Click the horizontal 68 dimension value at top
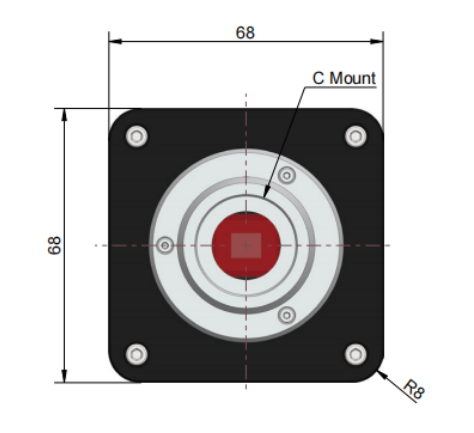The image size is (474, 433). click(x=245, y=33)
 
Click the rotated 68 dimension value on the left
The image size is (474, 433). click(x=55, y=245)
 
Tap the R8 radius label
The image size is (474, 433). click(x=414, y=388)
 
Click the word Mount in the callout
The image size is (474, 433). click(x=352, y=78)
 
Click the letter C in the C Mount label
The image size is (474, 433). click(x=318, y=78)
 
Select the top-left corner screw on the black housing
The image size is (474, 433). click(x=137, y=136)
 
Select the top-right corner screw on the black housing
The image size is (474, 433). click(x=356, y=136)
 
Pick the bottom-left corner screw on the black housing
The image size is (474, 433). click(x=137, y=354)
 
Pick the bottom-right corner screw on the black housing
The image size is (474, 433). click(x=356, y=354)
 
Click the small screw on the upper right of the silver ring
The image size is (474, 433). click(x=287, y=175)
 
